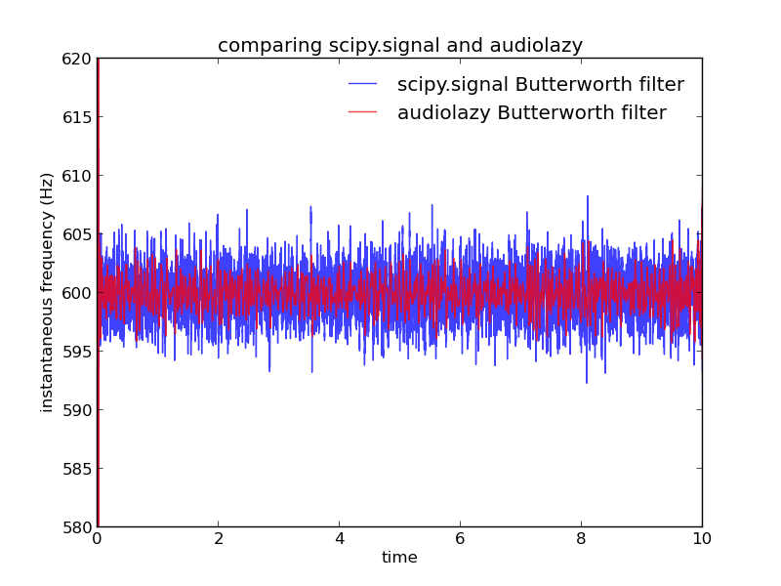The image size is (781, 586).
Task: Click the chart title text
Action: point(400,45)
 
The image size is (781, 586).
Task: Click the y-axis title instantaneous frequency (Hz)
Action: point(46,293)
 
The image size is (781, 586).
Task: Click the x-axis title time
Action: point(399,557)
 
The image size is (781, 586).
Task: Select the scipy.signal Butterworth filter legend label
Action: point(541,85)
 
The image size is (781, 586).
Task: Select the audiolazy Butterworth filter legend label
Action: point(531,112)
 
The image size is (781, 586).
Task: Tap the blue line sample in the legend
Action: point(362,84)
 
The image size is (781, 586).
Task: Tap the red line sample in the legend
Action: point(362,112)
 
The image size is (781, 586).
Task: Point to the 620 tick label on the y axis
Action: point(77,60)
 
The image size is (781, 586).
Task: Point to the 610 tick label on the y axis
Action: point(77,176)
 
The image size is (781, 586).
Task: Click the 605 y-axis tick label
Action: point(77,234)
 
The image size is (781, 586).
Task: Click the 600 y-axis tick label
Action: point(77,293)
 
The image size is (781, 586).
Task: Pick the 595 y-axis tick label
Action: point(77,352)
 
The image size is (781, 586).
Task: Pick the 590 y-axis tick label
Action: point(77,410)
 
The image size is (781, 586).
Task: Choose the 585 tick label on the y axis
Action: point(77,469)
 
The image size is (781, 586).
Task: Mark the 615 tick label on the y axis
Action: point(77,117)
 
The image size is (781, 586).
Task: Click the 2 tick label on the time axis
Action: point(219,539)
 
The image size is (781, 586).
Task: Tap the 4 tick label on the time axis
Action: point(340,539)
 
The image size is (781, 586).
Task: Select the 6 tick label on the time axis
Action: point(460,539)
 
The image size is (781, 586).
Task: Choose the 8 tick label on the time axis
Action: point(581,539)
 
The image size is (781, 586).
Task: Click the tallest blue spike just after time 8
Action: point(588,197)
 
